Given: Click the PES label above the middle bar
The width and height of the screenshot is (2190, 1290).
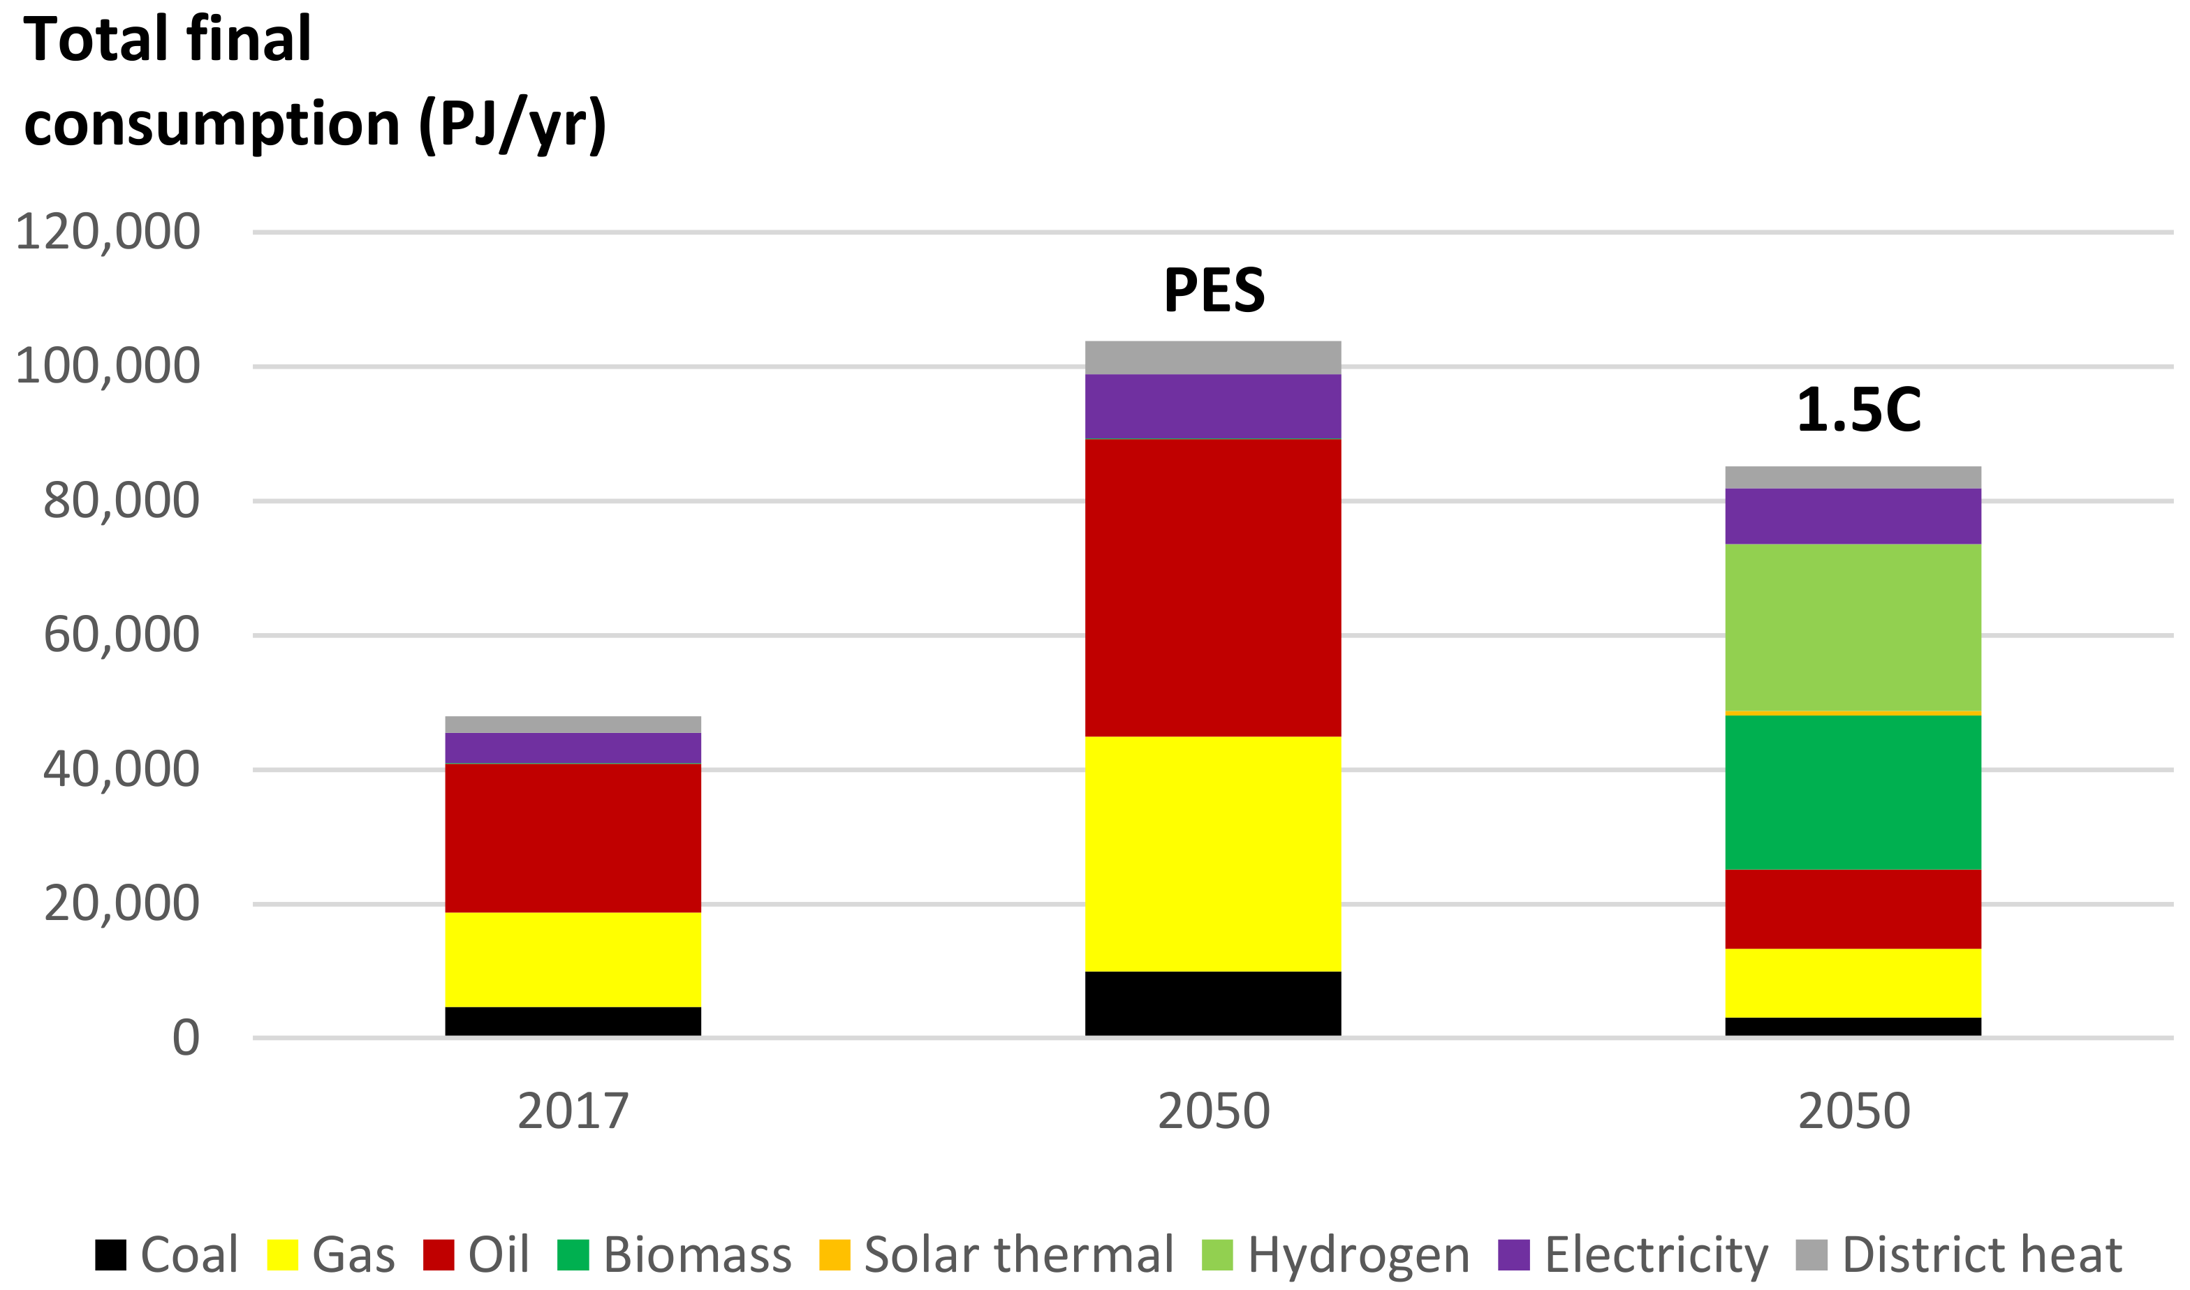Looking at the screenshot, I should pos(1214,290).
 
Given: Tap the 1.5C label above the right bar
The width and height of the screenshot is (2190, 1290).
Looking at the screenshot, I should pos(1858,410).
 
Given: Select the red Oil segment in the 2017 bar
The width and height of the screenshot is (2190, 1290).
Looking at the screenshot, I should pos(573,838).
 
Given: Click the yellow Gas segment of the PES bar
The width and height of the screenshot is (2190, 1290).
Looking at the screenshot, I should pos(1213,854).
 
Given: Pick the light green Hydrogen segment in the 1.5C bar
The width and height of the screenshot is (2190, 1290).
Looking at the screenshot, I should pos(1853,627).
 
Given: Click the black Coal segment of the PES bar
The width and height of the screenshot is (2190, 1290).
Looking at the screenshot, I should pos(1213,1003).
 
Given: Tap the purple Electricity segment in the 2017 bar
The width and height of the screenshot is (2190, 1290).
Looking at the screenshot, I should pos(573,748).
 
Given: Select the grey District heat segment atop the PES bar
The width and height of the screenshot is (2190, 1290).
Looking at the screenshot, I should pos(1213,357).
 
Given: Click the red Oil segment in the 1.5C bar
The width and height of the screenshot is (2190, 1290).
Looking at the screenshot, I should pos(1853,910).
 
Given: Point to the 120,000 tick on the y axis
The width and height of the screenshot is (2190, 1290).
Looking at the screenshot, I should pos(108,232).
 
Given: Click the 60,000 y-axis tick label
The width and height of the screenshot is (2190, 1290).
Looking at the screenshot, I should pos(122,635).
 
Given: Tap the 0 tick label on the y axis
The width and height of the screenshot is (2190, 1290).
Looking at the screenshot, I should pos(186,1038).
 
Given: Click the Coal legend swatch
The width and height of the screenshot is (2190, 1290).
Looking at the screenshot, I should pos(110,1254).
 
